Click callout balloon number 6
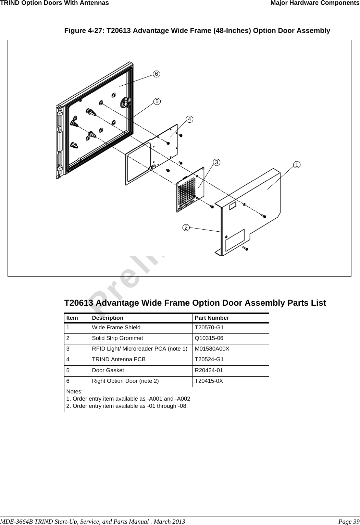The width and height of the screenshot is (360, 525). point(156,74)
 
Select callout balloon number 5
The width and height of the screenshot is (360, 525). point(156,101)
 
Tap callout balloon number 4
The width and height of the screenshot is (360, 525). point(189,119)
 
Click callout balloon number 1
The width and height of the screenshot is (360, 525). point(296,165)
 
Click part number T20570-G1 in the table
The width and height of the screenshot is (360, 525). point(209,328)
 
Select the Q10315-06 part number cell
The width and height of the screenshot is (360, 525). point(209,338)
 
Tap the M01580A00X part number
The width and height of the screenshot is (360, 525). point(212,349)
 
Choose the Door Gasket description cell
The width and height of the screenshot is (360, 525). point(108,370)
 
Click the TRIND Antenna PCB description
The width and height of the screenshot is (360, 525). point(119,359)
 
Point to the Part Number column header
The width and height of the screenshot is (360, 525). point(212,318)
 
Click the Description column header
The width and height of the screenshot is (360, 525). point(108,318)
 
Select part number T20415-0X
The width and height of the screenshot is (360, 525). point(209,381)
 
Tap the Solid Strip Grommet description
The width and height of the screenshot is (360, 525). point(117,338)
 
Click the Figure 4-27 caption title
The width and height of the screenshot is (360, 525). point(197,31)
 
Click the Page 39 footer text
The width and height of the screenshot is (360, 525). point(349,522)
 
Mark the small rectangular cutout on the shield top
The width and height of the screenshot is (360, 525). point(233,206)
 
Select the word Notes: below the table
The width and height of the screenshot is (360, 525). point(74,391)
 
